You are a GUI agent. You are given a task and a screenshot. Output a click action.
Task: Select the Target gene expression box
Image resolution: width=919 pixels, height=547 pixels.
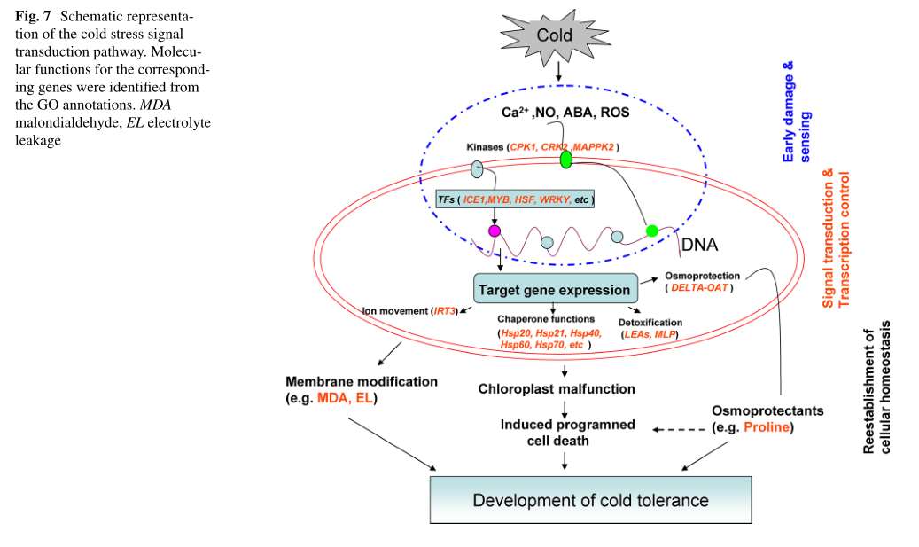(555, 289)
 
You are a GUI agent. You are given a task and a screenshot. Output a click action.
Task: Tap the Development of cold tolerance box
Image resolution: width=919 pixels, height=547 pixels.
(589, 500)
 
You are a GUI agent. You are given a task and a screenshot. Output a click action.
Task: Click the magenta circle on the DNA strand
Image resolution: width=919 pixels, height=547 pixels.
(494, 231)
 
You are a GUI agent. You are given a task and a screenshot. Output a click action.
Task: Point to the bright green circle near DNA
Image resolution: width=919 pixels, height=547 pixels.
(652, 231)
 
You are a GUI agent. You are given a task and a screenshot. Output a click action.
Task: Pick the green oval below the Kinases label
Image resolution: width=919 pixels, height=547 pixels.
(565, 160)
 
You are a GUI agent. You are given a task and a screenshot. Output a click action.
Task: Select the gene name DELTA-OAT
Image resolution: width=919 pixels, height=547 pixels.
(700, 288)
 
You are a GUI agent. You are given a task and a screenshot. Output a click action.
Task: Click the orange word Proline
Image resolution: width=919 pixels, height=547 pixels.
(767, 428)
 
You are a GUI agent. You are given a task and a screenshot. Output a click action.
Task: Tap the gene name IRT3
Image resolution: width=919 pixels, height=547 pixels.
(444, 311)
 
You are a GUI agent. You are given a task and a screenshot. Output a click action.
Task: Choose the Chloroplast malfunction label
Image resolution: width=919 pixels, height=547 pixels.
(557, 388)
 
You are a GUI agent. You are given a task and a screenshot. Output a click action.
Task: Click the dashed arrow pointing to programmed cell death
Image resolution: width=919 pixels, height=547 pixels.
(677, 430)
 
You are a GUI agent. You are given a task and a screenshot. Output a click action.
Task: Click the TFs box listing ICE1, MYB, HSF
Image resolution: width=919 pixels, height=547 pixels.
(515, 199)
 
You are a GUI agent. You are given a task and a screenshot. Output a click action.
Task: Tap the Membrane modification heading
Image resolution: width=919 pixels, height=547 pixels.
(362, 382)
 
